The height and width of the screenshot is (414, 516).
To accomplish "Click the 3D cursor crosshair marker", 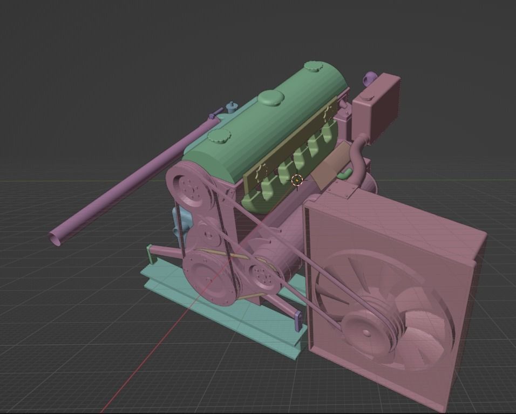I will click(x=296, y=181).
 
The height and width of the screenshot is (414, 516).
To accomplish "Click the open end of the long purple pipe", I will click(x=56, y=237).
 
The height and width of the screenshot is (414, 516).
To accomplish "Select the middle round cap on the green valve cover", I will click(x=271, y=98).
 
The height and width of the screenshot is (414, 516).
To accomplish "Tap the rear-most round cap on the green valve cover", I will click(x=313, y=66).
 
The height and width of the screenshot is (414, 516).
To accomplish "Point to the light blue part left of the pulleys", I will click(x=182, y=224).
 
